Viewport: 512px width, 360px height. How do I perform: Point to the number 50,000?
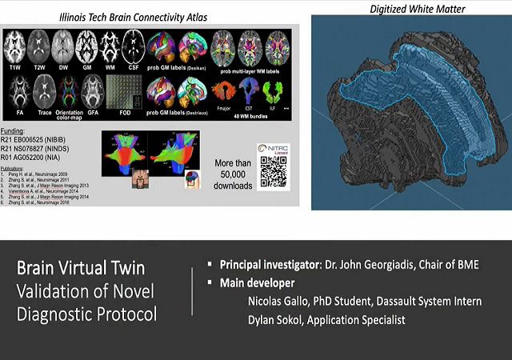pyautogui.click(x=234, y=175)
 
